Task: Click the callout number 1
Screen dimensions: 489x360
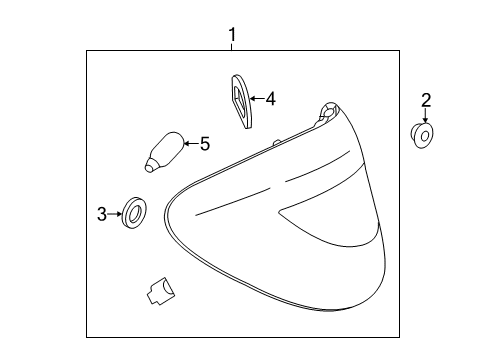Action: point(232,34)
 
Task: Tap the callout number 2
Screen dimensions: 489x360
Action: point(426,100)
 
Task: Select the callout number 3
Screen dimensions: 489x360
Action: point(102,214)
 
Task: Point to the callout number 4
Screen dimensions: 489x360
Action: point(271,99)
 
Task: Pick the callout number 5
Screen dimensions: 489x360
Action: point(205,144)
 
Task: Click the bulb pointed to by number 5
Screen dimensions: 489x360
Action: point(164,152)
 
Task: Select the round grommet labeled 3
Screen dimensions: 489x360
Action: point(134,213)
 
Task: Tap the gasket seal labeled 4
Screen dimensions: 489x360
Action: point(241,101)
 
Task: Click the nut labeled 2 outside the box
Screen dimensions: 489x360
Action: point(422,135)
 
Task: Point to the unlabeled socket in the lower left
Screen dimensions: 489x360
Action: point(161,291)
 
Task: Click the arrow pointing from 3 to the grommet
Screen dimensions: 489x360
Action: point(115,214)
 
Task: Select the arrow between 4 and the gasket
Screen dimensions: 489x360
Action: point(257,98)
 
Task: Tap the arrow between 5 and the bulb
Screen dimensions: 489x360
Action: point(191,144)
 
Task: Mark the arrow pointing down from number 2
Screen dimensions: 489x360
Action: point(425,116)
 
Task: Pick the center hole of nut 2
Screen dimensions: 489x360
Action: point(425,136)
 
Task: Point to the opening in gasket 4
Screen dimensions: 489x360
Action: point(240,97)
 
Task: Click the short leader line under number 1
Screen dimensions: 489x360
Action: point(232,47)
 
